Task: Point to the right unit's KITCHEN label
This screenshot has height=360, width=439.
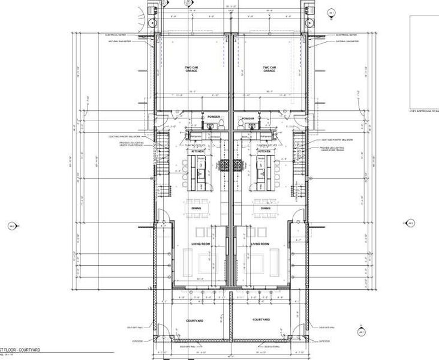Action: click(x=264, y=152)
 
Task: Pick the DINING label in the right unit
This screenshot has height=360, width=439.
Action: click(x=264, y=208)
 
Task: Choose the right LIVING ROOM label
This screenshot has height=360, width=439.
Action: click(x=260, y=245)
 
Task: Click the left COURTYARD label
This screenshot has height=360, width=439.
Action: click(x=196, y=320)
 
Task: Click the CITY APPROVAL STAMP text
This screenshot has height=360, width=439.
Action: click(x=423, y=111)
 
